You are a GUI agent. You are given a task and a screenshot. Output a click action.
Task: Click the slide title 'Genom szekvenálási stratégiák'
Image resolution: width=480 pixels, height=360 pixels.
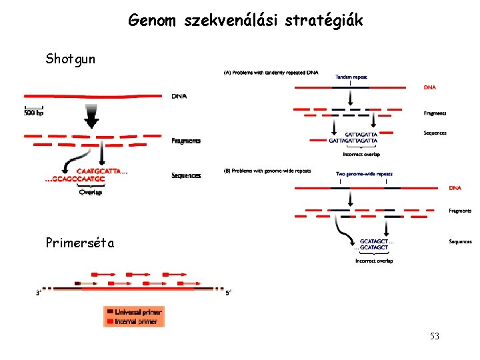click(x=246, y=21)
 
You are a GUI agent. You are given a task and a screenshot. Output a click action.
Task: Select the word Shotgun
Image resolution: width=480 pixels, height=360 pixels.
click(x=71, y=59)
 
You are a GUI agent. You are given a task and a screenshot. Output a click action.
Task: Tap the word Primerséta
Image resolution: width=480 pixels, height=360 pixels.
click(x=80, y=243)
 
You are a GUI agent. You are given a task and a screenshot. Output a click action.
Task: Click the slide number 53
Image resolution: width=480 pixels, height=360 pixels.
click(x=435, y=337)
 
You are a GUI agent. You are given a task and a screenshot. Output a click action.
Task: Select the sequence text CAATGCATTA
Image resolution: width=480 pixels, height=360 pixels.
click(x=100, y=171)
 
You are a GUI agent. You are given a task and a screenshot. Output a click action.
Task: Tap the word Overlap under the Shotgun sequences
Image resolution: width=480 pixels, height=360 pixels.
click(x=91, y=193)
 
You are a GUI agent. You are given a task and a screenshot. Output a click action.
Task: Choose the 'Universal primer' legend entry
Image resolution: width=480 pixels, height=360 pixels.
click(x=137, y=311)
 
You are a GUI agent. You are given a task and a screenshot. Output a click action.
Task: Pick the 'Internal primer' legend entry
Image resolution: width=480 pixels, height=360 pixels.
click(x=136, y=321)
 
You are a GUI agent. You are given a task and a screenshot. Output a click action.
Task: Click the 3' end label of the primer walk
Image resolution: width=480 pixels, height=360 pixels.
click(x=39, y=292)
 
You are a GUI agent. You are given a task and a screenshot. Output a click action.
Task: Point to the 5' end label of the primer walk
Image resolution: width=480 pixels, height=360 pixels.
click(x=228, y=292)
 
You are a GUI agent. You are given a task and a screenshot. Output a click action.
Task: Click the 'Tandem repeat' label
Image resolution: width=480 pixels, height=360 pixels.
click(x=351, y=77)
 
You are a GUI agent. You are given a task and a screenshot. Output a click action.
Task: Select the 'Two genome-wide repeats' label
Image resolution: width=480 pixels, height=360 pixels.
click(x=363, y=174)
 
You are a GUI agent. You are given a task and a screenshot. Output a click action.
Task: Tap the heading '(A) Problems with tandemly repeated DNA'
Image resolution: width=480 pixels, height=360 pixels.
click(x=271, y=72)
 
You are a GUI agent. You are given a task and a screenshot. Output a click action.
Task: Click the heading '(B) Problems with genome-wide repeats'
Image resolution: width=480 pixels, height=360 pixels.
click(x=267, y=171)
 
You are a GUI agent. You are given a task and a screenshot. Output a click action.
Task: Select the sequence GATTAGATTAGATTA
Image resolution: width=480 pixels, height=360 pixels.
click(x=353, y=141)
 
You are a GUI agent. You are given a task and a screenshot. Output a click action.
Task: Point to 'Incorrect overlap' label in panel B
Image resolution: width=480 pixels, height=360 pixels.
click(x=374, y=261)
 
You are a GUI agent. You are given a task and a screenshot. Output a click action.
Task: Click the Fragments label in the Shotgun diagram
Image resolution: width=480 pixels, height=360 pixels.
click(x=186, y=141)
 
